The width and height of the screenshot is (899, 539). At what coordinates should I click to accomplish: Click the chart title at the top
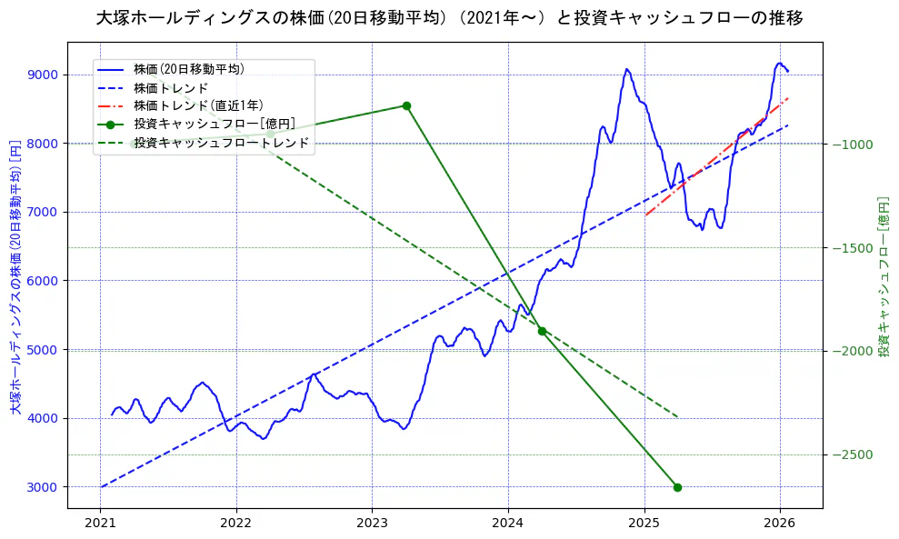449,18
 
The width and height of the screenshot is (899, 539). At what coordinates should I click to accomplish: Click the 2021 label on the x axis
100,524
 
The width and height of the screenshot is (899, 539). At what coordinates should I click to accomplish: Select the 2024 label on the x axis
508,524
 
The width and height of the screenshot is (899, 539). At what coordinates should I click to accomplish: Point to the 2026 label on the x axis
780,524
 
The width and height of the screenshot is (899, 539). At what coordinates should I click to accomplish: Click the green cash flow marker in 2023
406,105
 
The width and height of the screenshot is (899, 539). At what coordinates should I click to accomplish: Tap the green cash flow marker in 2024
542,331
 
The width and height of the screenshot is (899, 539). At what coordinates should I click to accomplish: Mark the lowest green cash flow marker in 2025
677,487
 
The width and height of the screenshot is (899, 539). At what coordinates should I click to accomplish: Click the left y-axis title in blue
15,277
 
